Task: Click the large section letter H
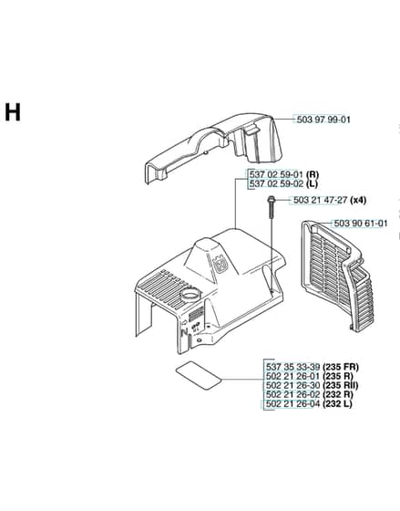click(x=13, y=112)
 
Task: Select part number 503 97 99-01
click(x=323, y=120)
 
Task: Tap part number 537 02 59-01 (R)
click(x=283, y=173)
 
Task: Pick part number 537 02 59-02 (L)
click(x=283, y=183)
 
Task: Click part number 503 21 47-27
click(x=320, y=200)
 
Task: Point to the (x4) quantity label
click(x=358, y=200)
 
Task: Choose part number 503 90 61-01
click(x=361, y=224)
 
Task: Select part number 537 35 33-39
click(x=292, y=367)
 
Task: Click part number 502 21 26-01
click(x=292, y=376)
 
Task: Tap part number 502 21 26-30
click(x=292, y=385)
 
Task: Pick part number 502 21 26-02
click(x=292, y=394)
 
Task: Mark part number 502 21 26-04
click(x=292, y=403)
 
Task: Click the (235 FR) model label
click(x=341, y=367)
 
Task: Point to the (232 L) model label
click(x=337, y=403)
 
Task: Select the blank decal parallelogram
click(x=199, y=375)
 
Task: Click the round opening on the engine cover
click(x=190, y=294)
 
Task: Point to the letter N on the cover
click(x=185, y=333)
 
